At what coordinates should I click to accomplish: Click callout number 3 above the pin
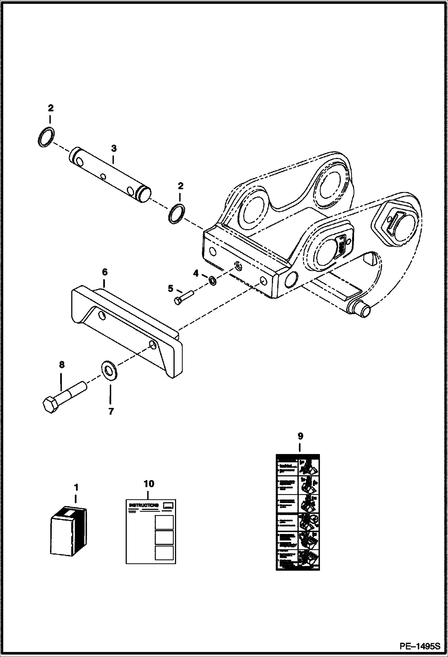(114, 149)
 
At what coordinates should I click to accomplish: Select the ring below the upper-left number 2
(47, 137)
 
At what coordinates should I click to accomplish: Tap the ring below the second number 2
(177, 213)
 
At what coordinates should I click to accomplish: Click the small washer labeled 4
(213, 281)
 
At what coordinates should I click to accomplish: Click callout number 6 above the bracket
(104, 272)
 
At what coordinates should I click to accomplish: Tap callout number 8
(62, 365)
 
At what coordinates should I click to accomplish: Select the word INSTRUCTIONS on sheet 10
(144, 505)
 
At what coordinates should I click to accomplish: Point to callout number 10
(149, 484)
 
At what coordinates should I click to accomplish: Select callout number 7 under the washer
(111, 411)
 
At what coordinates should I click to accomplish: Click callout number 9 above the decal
(300, 436)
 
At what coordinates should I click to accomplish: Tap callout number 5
(170, 289)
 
